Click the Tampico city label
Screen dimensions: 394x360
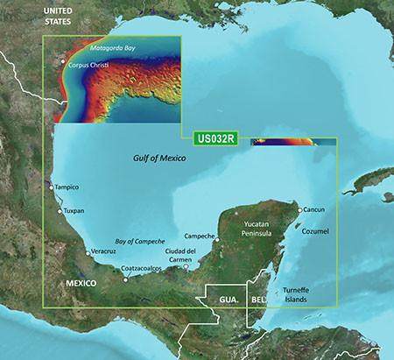coord(67,187)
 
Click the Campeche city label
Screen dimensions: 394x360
coord(201,236)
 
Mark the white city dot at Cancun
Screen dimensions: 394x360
coord(299,210)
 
